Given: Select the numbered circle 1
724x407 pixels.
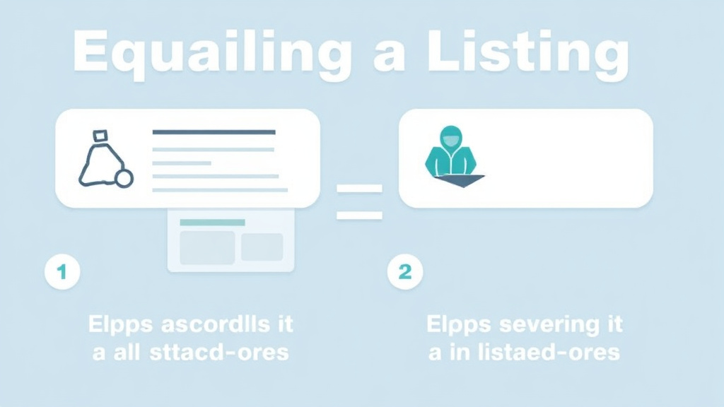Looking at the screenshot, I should click(62, 272).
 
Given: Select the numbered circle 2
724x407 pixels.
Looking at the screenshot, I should click(405, 272).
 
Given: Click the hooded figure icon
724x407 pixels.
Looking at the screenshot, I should click(450, 153).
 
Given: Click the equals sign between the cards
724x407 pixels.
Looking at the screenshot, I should click(359, 201).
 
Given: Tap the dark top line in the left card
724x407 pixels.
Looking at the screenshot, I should click(214, 132).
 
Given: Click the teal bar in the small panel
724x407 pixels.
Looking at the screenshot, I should click(212, 223).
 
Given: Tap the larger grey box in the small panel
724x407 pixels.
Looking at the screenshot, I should click(207, 247).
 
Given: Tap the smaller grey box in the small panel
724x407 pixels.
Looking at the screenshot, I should click(262, 247).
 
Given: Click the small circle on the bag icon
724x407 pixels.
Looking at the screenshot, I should click(124, 179).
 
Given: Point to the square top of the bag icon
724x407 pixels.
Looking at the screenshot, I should click(100, 134).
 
